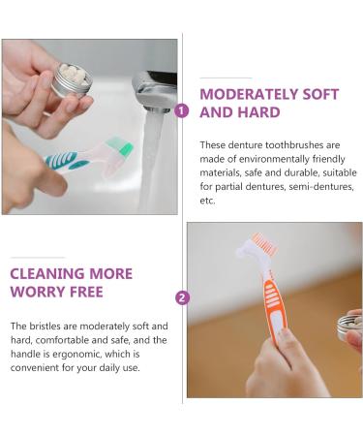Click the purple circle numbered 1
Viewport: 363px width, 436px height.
(x=182, y=110)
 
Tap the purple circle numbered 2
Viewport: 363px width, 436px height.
(x=182, y=297)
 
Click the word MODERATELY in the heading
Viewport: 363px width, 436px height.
(x=249, y=94)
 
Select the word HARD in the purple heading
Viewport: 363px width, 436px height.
(x=258, y=112)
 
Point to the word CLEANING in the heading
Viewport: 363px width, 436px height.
(x=47, y=274)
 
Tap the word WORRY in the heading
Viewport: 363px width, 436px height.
(x=38, y=292)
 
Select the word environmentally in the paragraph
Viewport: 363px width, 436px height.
(x=274, y=159)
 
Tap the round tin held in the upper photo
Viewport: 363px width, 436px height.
(x=72, y=80)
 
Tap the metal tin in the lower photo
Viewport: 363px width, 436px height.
(x=348, y=327)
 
